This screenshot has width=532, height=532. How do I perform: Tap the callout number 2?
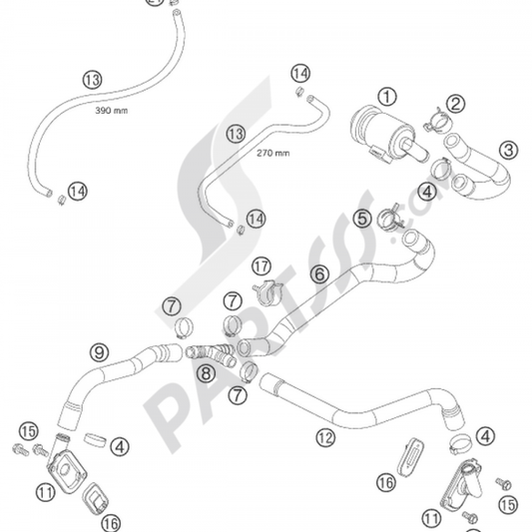(454, 104)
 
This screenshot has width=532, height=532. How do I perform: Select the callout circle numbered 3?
(509, 151)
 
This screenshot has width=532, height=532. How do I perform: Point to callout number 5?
(361, 217)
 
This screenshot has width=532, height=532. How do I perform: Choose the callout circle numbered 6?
(318, 272)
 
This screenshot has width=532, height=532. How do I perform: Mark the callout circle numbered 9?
(99, 351)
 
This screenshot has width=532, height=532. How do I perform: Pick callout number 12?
(323, 435)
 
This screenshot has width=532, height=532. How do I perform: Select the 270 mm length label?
(272, 154)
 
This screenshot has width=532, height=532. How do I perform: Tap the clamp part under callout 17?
(267, 292)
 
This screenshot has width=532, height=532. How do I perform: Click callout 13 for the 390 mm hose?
(92, 79)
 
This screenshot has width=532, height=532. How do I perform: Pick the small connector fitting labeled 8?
(211, 350)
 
